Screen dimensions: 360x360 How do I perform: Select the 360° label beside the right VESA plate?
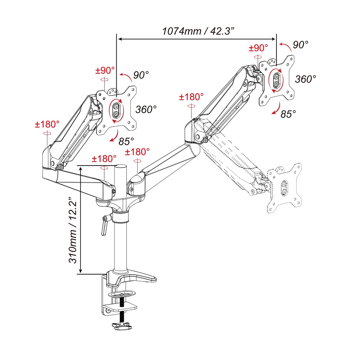[306, 79]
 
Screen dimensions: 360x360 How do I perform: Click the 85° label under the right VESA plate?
[288, 114]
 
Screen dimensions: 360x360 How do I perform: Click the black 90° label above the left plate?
[141, 75]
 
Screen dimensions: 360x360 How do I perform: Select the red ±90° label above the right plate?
[258, 48]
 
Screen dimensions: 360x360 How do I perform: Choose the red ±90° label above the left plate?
[105, 70]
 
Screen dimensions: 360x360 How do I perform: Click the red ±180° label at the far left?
[47, 125]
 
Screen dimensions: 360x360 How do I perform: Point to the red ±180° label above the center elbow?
[192, 97]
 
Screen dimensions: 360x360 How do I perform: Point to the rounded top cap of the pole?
[121, 166]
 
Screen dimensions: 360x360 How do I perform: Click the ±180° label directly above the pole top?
[104, 159]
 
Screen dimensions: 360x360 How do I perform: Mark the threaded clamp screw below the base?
[122, 306]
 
